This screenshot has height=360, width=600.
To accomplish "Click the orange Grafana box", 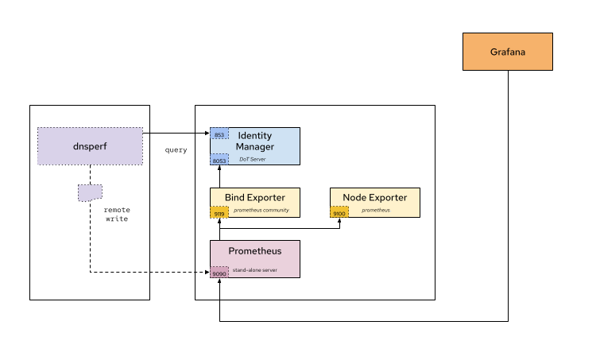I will click(507, 52).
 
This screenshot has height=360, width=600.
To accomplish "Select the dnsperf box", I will click(90, 146).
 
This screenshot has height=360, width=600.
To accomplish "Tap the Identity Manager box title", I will click(254, 141).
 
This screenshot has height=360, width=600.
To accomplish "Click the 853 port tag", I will click(219, 134).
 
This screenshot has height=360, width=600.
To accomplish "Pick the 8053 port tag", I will click(219, 160).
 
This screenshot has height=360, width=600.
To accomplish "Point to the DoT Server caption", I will click(253, 159).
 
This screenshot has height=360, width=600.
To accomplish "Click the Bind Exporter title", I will click(254, 197).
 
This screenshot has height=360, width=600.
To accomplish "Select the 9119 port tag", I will click(219, 213).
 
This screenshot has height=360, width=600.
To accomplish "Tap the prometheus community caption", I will click(261, 210).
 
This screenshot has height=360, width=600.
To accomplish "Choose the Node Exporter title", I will click(374, 197).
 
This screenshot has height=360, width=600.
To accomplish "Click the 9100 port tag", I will click(339, 213).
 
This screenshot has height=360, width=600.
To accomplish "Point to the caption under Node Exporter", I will click(376, 210).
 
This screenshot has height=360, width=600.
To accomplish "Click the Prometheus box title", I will click(254, 251).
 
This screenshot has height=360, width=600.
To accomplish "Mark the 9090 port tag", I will click(219, 273).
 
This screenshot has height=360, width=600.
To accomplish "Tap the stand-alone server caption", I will click(254, 270).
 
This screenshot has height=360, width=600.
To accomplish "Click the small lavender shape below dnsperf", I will click(90, 192).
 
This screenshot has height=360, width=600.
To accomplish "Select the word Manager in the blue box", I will click(254, 147).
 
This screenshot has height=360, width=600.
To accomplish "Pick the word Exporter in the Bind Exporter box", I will click(265, 197).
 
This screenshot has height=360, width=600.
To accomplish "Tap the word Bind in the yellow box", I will click(234, 197).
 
